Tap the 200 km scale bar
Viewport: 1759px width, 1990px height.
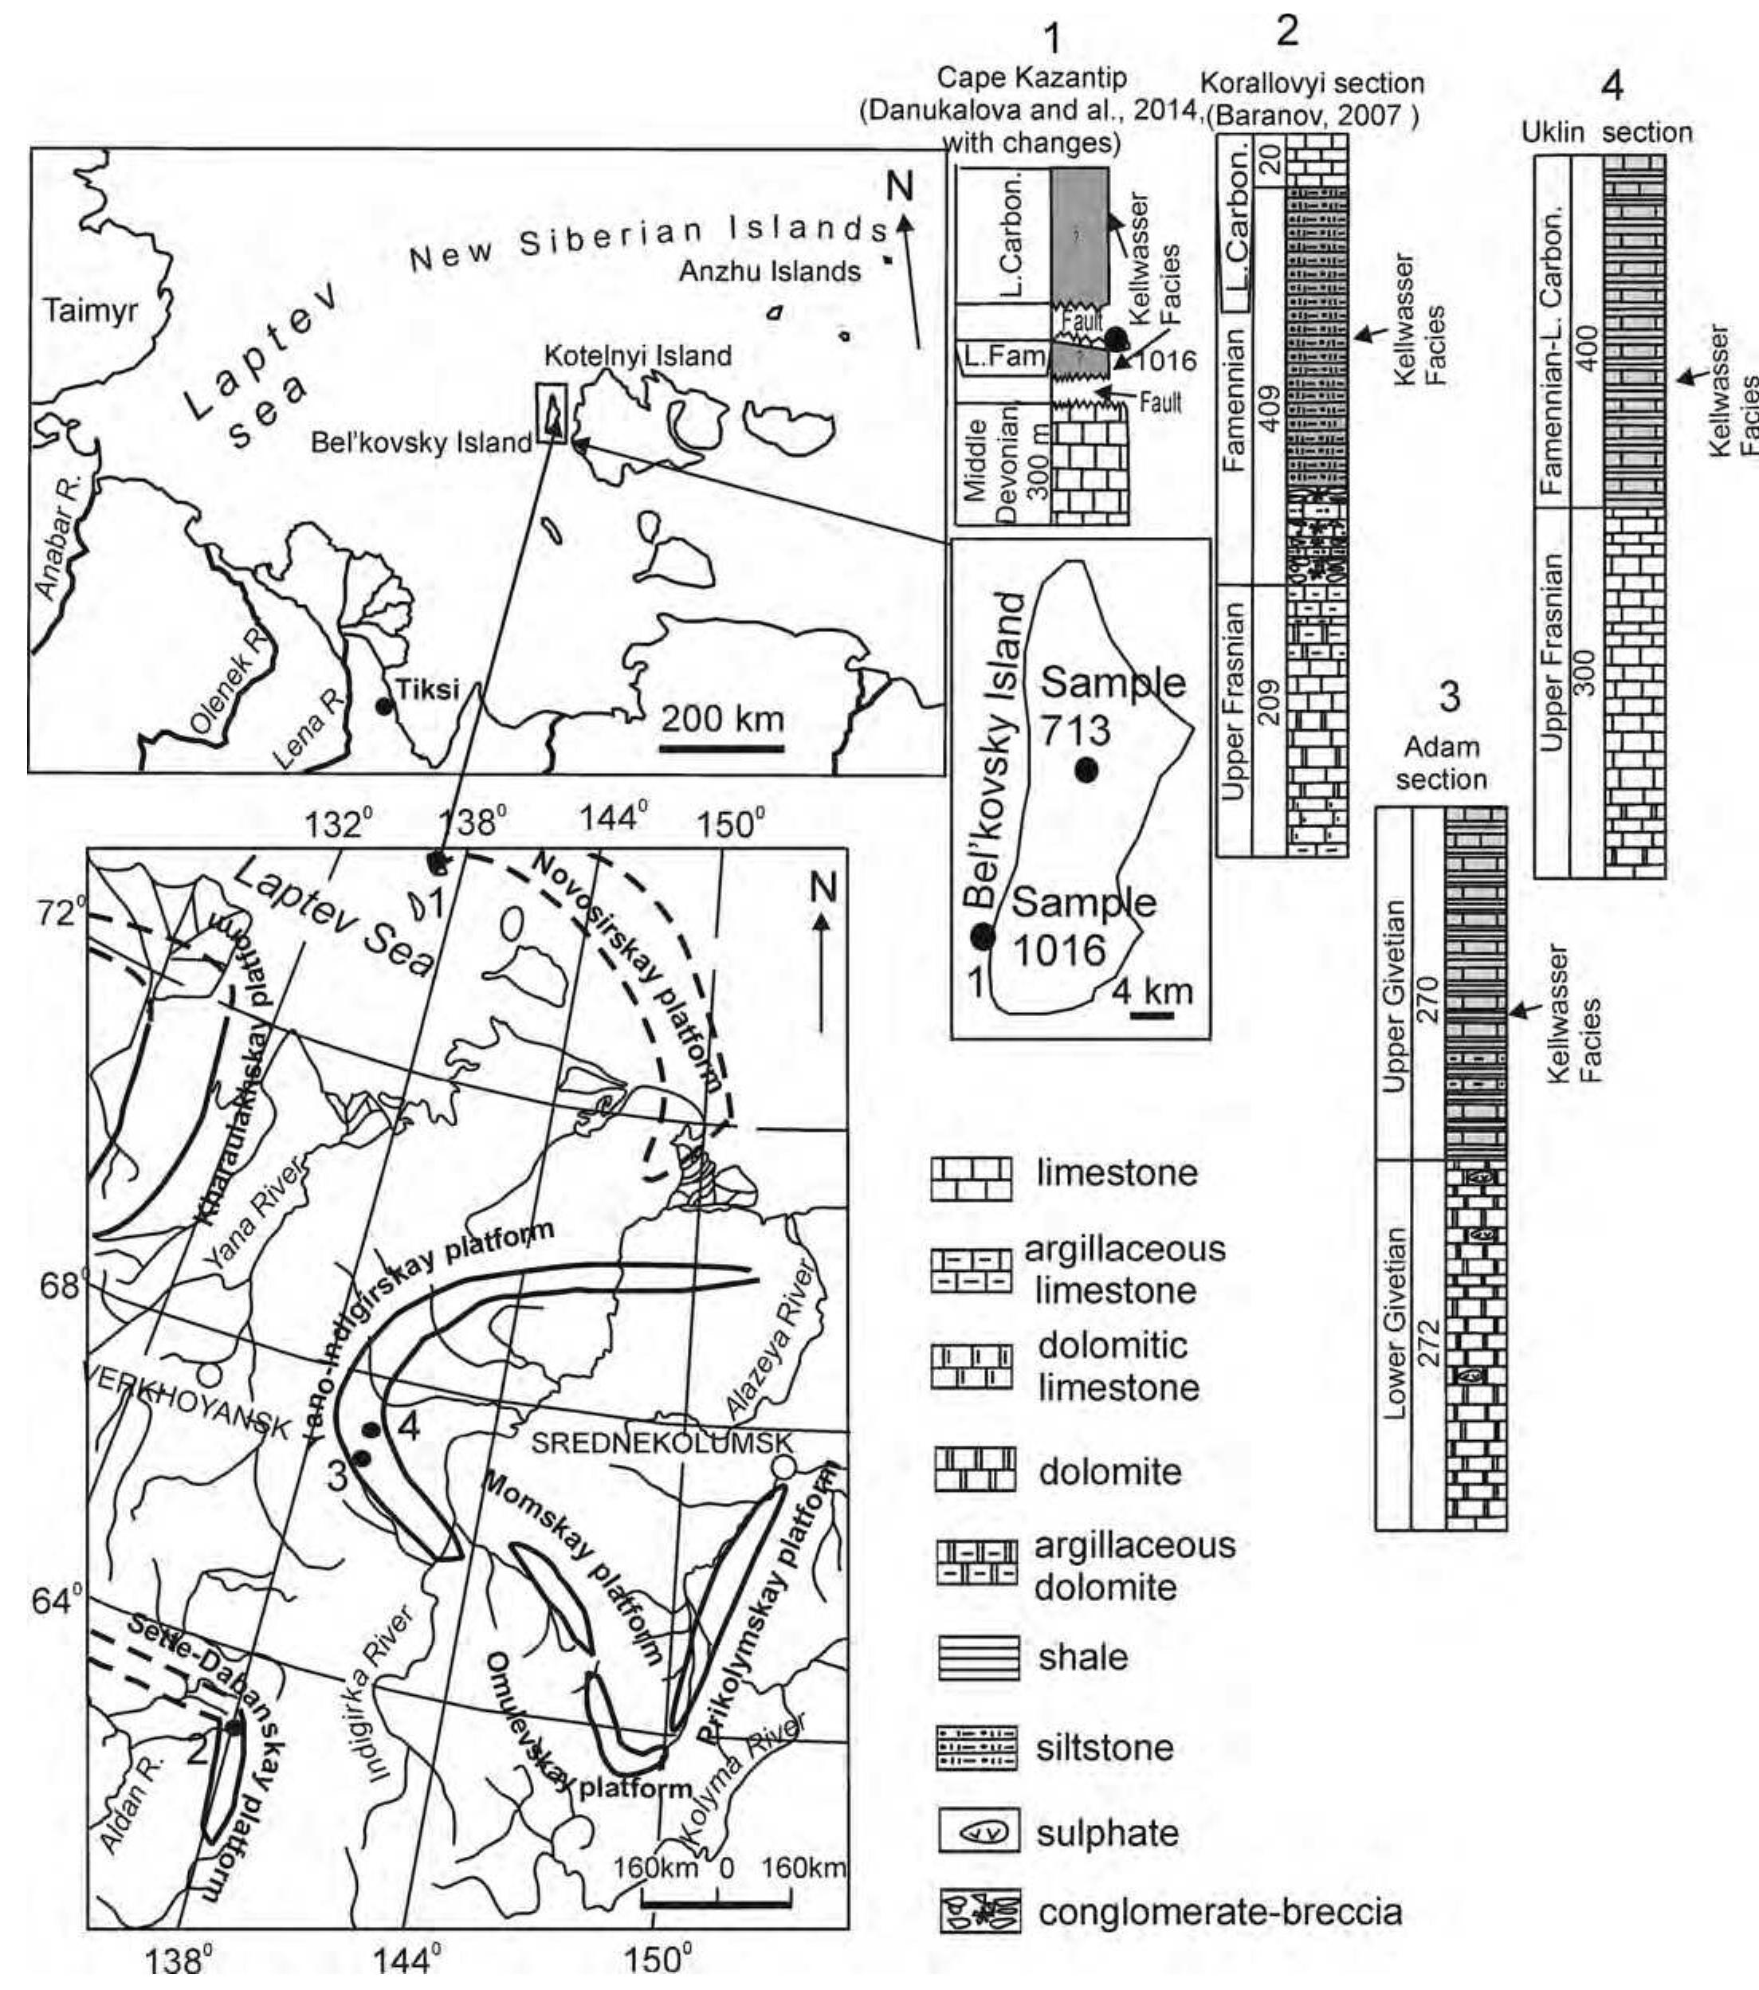click(x=721, y=748)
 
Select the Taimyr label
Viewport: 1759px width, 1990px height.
click(x=91, y=312)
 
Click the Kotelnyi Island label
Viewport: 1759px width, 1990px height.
click(x=638, y=356)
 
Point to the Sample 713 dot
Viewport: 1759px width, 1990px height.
click(x=1086, y=770)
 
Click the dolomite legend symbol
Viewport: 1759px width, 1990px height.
click(x=975, y=1471)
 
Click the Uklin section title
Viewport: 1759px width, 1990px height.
click(x=1606, y=131)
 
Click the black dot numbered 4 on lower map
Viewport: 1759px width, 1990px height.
click(x=371, y=1429)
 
